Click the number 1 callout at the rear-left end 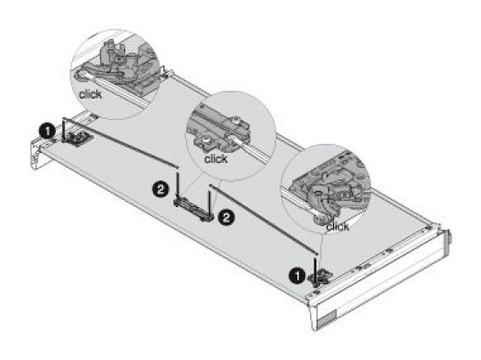coord(47,132)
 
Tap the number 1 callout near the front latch coord(297,276)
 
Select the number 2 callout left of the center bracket coord(161,189)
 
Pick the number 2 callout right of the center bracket coord(226,218)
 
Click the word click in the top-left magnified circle coord(90,94)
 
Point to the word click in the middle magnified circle coord(216,159)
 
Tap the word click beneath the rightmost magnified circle coord(337,227)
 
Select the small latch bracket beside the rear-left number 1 coord(76,138)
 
